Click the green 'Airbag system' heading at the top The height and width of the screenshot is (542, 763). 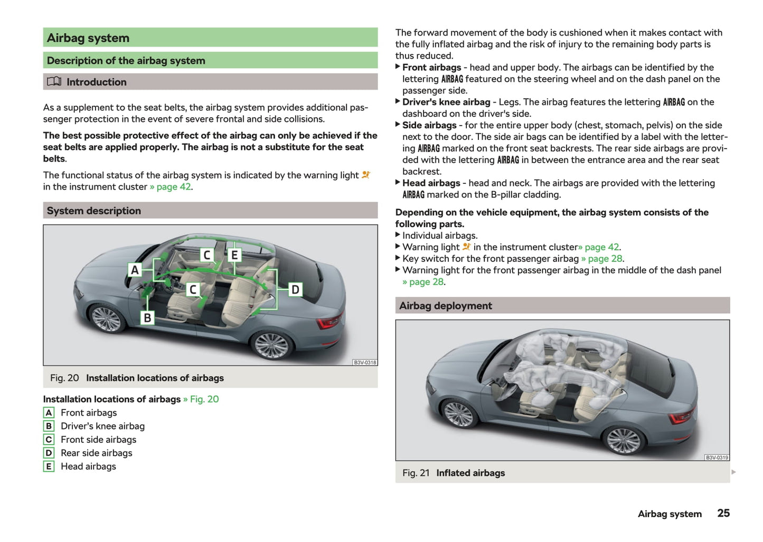click(88, 38)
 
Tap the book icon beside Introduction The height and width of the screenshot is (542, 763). click(54, 82)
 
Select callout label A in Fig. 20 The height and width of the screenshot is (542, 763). click(135, 270)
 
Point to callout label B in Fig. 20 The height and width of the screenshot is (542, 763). click(147, 317)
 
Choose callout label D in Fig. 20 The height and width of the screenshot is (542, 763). click(295, 289)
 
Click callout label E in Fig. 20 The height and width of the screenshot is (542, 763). click(234, 255)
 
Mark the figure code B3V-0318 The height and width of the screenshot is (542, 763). click(365, 362)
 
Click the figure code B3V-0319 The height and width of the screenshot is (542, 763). click(717, 457)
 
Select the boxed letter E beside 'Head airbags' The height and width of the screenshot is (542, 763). click(49, 466)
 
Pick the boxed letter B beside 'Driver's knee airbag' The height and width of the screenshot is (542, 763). click(49, 426)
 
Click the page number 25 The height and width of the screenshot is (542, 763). click(723, 513)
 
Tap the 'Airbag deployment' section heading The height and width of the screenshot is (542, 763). click(446, 306)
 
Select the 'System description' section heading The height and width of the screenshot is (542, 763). click(94, 211)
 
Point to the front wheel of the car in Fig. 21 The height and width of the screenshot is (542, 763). click(458, 414)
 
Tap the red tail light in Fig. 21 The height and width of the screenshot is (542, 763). click(682, 417)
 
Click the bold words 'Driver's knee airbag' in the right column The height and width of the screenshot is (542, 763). click(446, 102)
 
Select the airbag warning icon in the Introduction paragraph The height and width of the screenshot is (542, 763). click(366, 175)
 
